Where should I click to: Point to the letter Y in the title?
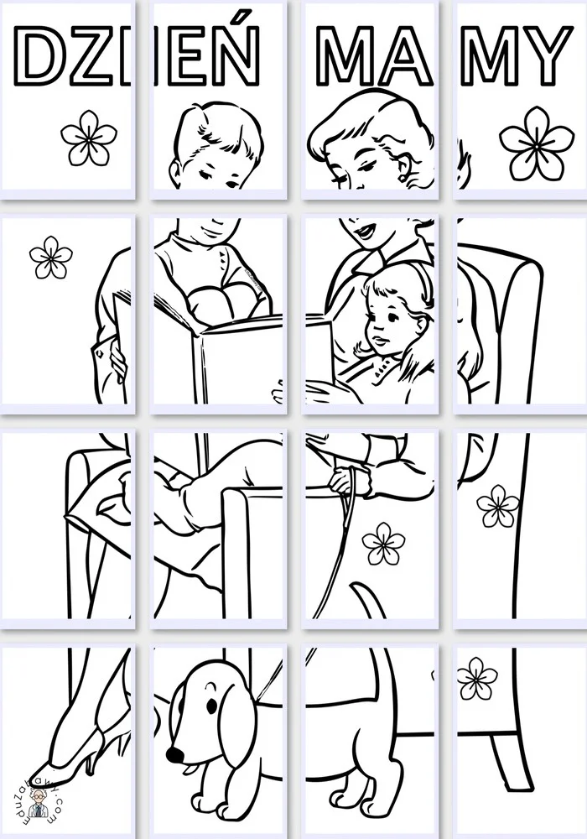pos(541,55)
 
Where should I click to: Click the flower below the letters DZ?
pos(89,138)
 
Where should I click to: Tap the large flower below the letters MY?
pos(536,144)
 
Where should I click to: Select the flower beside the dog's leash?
pos(384,543)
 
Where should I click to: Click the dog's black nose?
pos(174,754)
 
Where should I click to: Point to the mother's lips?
pos(365,232)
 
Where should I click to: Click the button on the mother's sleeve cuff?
pos(100,352)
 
